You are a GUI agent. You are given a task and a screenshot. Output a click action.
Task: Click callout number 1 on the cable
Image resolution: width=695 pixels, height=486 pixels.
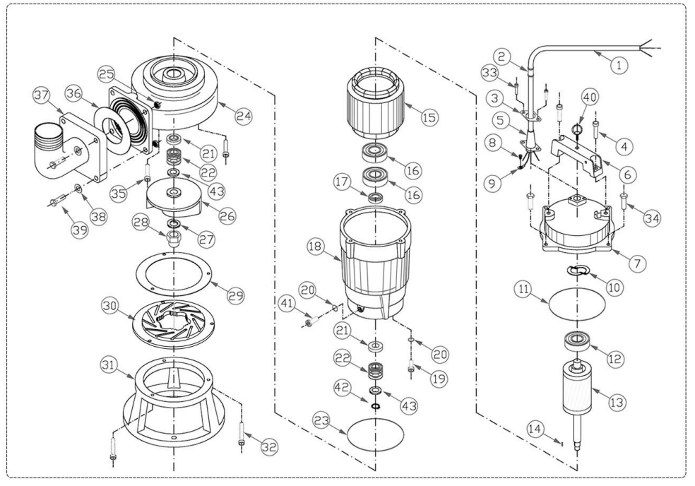pos(619,66)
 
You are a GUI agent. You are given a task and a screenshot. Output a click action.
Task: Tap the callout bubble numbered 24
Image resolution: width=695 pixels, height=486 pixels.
pos(244,116)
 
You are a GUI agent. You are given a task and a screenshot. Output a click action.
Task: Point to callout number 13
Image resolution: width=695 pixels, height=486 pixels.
pos(617,403)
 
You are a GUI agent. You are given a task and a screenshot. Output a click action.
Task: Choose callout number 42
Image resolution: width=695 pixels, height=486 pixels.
pos(341,388)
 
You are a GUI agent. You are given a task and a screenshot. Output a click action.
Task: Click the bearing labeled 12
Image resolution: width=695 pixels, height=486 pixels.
pos(576,341)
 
